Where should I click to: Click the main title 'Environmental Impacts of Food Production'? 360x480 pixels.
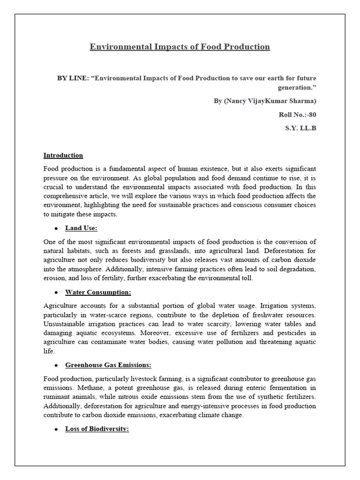pyautogui.click(x=180, y=47)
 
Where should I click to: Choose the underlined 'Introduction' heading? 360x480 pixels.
pyautogui.click(x=63, y=155)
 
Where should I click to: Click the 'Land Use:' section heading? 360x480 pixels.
pyautogui.click(x=81, y=228)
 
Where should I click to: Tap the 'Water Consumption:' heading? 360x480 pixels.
pyautogui.click(x=98, y=292)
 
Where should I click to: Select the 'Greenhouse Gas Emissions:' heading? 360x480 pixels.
pyautogui.click(x=108, y=365)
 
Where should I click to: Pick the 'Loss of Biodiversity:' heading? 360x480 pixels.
pyautogui.click(x=97, y=429)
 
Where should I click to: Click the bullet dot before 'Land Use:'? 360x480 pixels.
pyautogui.click(x=56, y=229)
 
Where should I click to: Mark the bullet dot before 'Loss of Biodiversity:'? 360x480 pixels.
pyautogui.click(x=56, y=429)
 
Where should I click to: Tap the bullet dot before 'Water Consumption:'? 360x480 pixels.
pyautogui.click(x=56, y=292)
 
